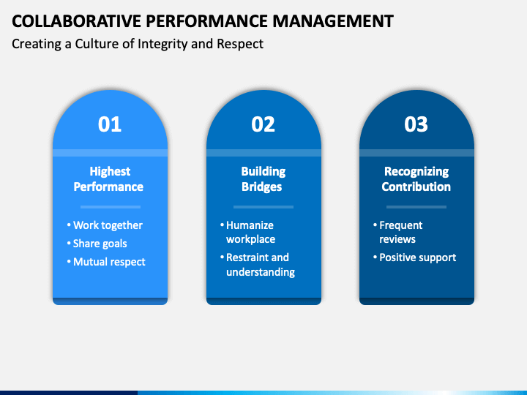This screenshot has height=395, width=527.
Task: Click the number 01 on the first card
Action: [110, 124]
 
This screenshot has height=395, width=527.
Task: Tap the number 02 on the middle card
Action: [263, 124]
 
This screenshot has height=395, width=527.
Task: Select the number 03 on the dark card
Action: [416, 124]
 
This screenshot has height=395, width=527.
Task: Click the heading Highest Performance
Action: [110, 179]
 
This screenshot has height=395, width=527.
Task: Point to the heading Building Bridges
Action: [263, 179]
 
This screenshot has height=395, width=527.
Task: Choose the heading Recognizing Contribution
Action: [416, 179]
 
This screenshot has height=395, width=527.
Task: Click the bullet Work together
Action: [108, 225]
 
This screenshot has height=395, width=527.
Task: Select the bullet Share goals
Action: [100, 244]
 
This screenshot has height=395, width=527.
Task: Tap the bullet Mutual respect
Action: [109, 262]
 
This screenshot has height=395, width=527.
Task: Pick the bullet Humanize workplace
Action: [250, 233]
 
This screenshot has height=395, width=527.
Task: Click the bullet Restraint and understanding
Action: [260, 265]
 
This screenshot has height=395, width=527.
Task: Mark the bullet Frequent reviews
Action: [400, 233]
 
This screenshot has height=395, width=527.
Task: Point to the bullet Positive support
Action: [417, 257]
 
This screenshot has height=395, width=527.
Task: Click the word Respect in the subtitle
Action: [241, 44]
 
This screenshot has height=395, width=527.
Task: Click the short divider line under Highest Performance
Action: [110, 207]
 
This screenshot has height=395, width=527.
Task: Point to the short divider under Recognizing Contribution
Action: [416, 207]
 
